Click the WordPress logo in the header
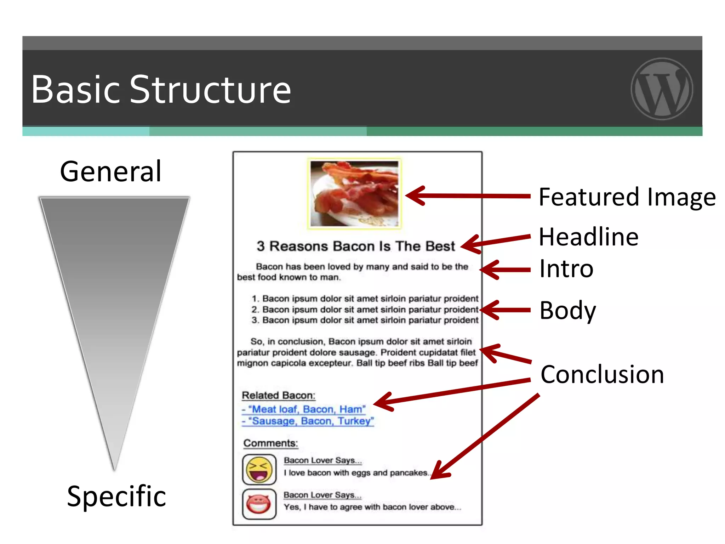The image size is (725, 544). point(662,89)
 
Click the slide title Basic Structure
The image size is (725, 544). point(161,90)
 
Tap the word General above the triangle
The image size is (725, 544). point(111,171)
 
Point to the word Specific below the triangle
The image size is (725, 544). point(116,496)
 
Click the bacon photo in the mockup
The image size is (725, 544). point(354,193)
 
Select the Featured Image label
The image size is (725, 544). point(627,197)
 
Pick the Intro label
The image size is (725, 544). point(566,269)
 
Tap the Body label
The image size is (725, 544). point(567,310)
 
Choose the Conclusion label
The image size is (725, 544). point(602,374)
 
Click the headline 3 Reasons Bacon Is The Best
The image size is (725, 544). point(356,246)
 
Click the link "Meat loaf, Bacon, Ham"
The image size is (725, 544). point(304,409)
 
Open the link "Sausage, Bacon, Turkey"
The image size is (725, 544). point(308,421)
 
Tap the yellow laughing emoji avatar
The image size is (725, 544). point(259,470)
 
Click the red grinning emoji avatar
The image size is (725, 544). point(259,504)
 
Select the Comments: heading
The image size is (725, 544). point(271,443)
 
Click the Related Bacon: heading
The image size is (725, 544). point(279,395)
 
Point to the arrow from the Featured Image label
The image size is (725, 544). point(467,195)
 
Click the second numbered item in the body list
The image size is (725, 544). point(365,310)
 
